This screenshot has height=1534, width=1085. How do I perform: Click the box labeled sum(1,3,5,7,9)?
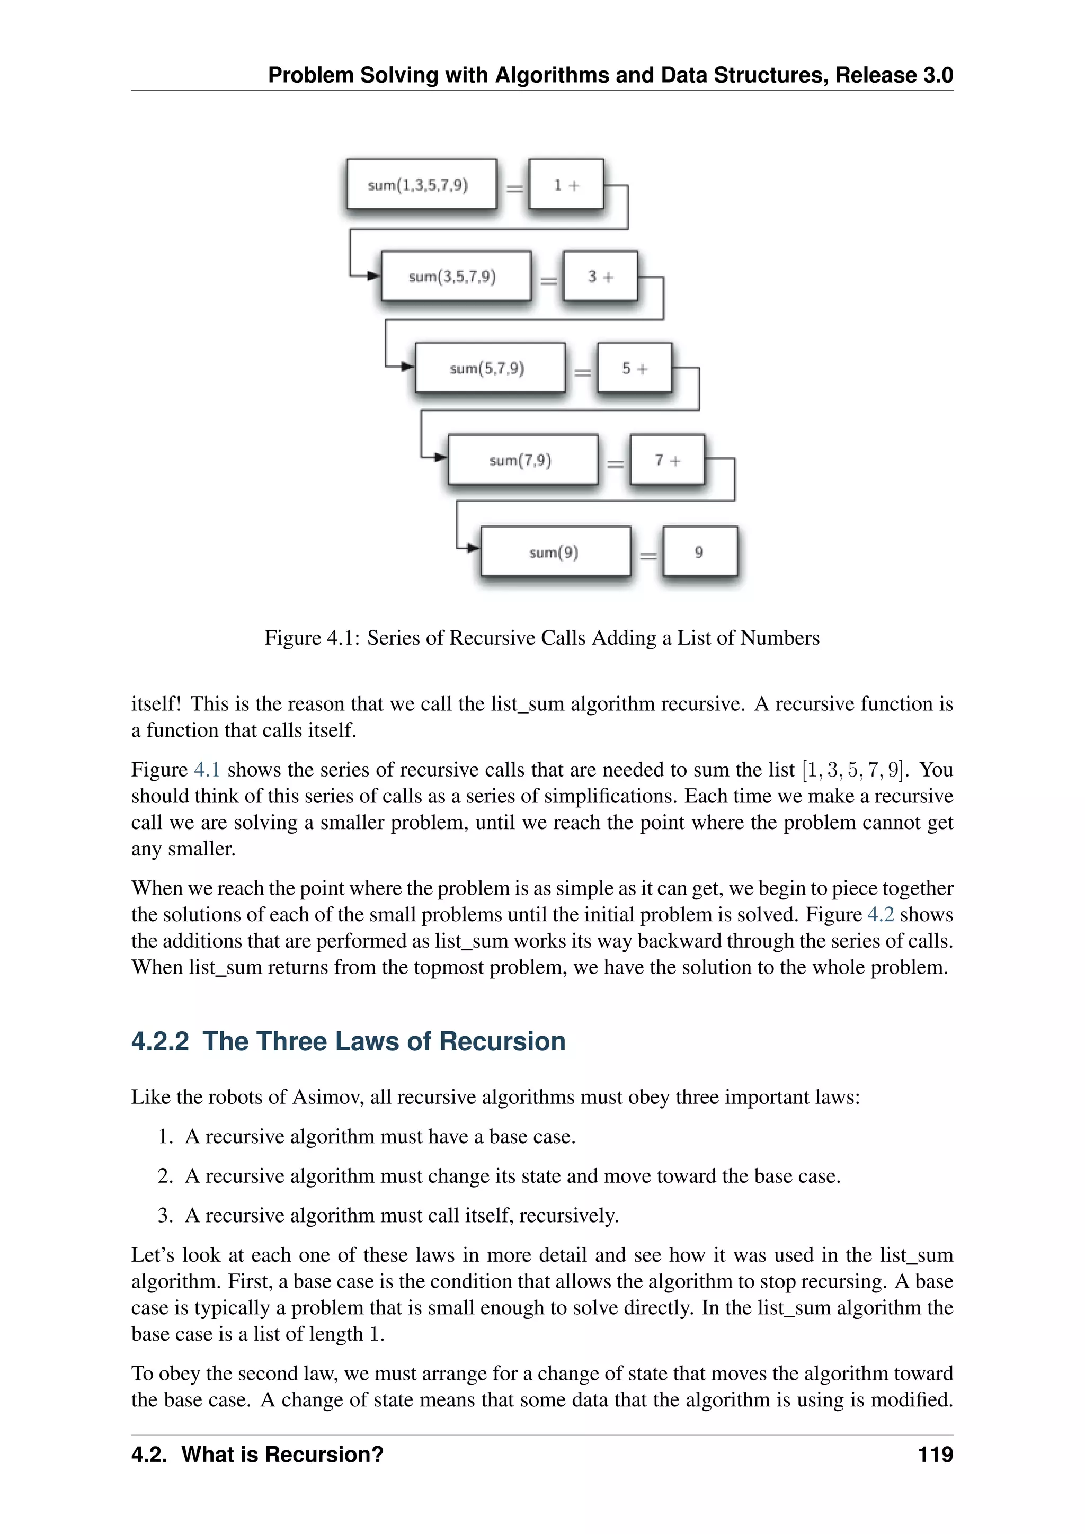pyautogui.click(x=422, y=184)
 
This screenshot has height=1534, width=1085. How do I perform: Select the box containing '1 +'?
pyautogui.click(x=566, y=184)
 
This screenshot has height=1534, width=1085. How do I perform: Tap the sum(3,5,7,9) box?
pyautogui.click(x=456, y=276)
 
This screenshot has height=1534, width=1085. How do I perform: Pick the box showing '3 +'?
pyautogui.click(x=600, y=276)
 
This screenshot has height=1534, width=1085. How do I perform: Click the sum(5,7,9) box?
pyautogui.click(x=490, y=368)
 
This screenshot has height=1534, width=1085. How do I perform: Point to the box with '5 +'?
pyautogui.click(x=635, y=368)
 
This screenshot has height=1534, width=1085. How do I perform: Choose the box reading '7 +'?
pyautogui.click(x=668, y=460)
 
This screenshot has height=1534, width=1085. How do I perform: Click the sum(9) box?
pyautogui.click(x=555, y=551)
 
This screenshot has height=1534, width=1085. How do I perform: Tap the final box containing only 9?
pyautogui.click(x=699, y=551)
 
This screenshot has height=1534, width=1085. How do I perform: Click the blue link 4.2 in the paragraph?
pyautogui.click(x=880, y=914)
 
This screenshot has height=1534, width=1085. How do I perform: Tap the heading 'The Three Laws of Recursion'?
pyautogui.click(x=384, y=1041)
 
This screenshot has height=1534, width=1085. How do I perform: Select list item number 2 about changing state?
pyautogui.click(x=512, y=1176)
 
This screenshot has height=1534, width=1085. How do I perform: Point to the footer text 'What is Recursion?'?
pyautogui.click(x=282, y=1455)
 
